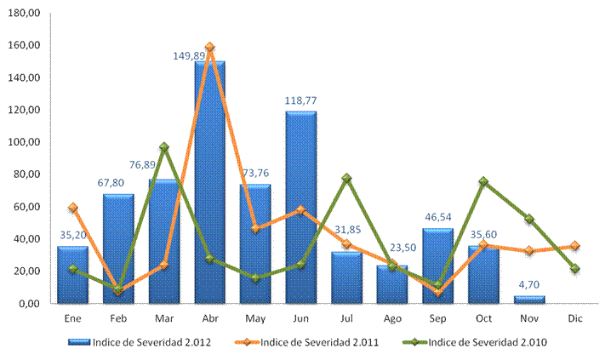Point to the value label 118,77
[x=301, y=100]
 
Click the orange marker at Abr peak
[x=209, y=48]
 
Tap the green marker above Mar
[x=163, y=147]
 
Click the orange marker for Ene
[x=73, y=208]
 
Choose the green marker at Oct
[x=483, y=181]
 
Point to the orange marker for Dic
[x=575, y=246]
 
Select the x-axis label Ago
[x=393, y=319]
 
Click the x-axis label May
[x=255, y=319]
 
